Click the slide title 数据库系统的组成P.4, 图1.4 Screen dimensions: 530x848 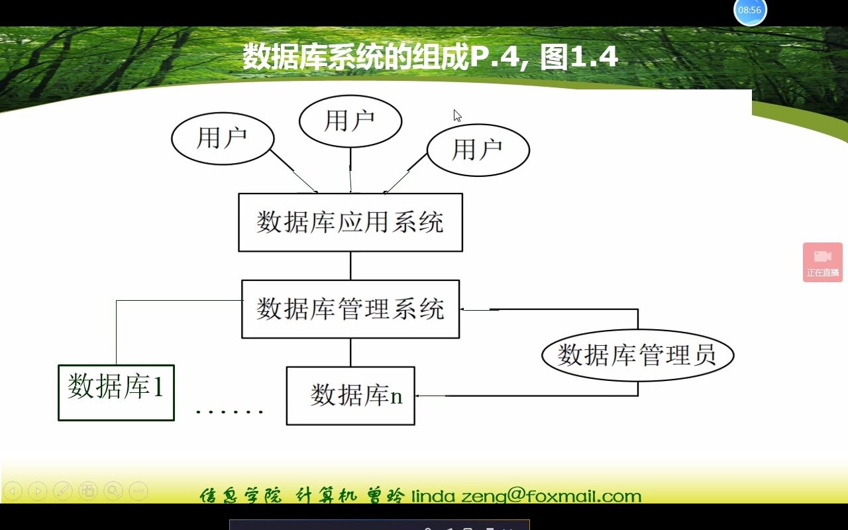point(430,57)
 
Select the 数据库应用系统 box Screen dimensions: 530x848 point(350,223)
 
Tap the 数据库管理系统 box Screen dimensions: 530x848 point(350,309)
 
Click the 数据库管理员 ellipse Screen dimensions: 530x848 point(637,355)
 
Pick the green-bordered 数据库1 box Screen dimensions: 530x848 point(116,392)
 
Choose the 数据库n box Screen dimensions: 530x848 point(350,396)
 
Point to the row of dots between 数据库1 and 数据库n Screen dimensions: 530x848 point(229,411)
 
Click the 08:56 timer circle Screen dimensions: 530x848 point(750,11)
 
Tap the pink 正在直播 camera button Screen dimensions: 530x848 point(823,262)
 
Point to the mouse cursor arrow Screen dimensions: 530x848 point(456,115)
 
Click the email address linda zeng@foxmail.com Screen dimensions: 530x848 point(527,496)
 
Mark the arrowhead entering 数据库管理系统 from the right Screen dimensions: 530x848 point(464,309)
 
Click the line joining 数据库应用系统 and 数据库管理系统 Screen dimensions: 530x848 point(350,266)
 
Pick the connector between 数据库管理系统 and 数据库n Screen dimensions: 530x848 point(350,352)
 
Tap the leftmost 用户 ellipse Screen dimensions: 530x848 point(223,138)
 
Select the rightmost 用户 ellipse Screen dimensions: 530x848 point(478,150)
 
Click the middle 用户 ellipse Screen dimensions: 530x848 point(350,121)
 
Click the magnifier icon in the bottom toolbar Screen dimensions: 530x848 point(113,491)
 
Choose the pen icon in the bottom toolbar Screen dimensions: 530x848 point(62,491)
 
